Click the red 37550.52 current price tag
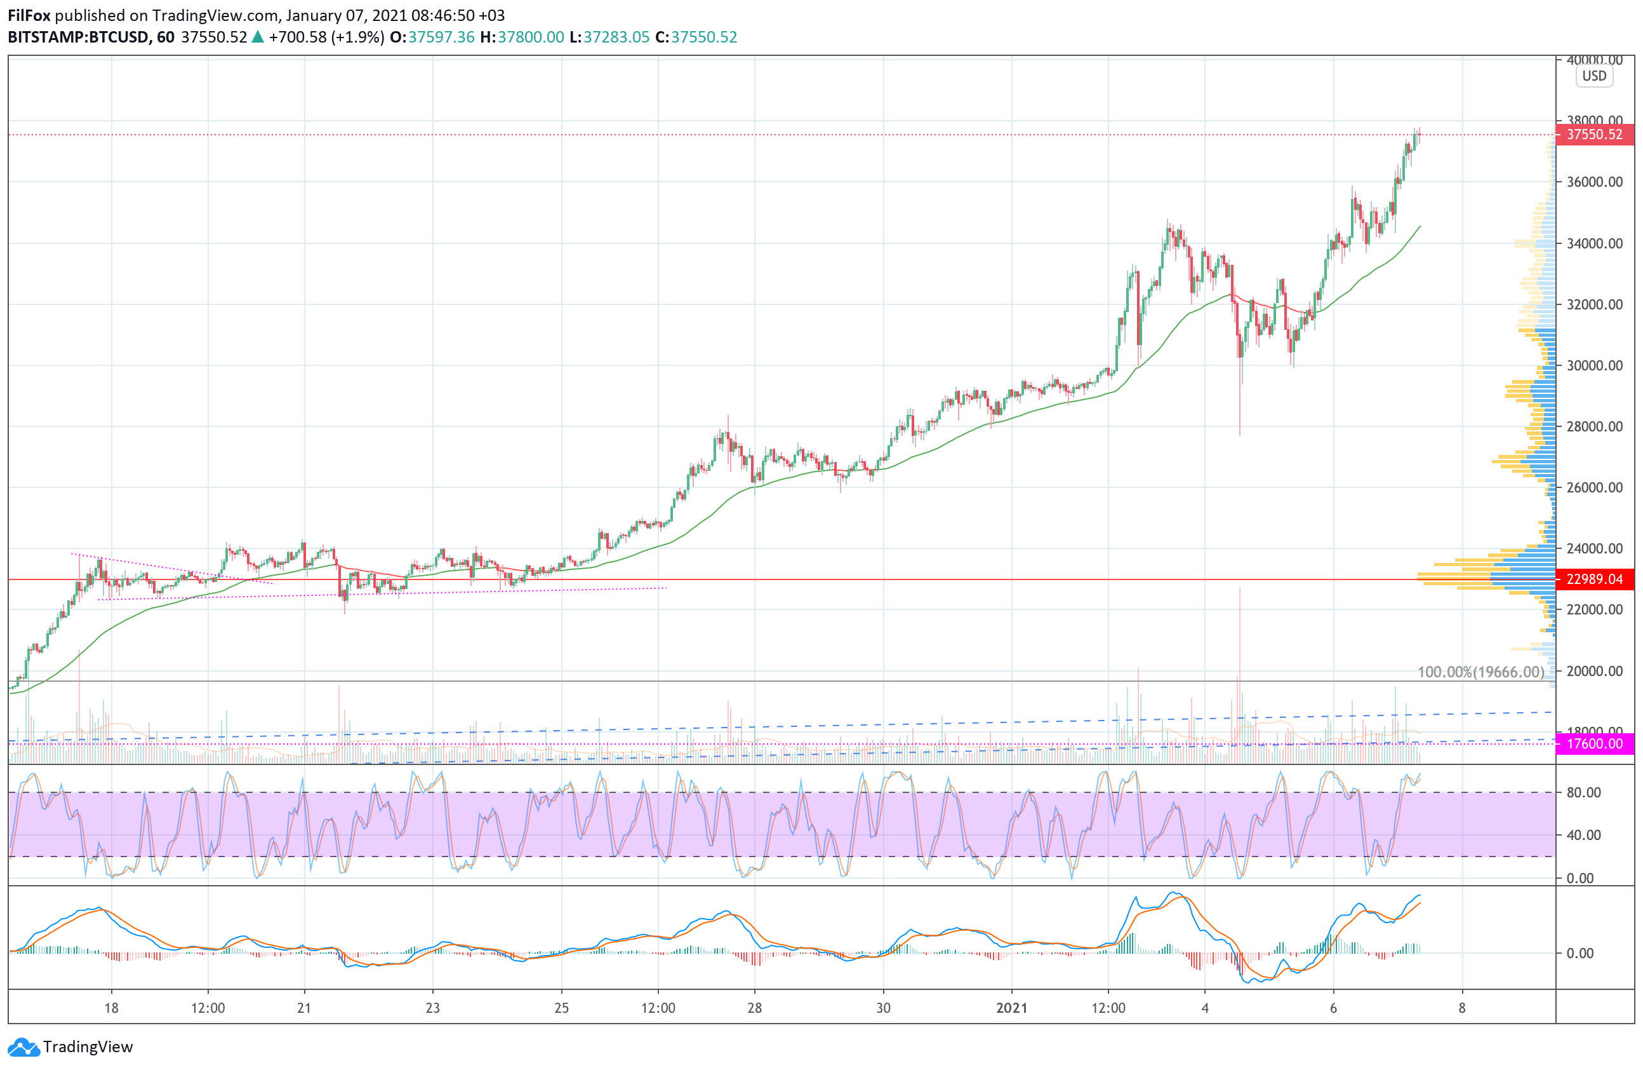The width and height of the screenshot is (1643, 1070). tap(1594, 135)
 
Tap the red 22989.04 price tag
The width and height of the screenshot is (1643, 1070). tap(1594, 579)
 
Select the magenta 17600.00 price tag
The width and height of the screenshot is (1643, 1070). tap(1594, 744)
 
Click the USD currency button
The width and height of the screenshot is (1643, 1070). tap(1594, 76)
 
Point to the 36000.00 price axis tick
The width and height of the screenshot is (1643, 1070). tap(1594, 182)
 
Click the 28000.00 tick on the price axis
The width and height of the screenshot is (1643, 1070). tap(1594, 427)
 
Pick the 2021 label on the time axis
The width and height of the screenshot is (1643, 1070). tap(1011, 1008)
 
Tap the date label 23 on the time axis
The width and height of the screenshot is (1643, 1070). tap(432, 1008)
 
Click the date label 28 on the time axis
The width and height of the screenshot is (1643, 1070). tap(755, 1008)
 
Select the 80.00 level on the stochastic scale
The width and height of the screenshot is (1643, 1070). tap(1583, 793)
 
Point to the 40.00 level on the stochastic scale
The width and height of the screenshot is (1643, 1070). tap(1583, 835)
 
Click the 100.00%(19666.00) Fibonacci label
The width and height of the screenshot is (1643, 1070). tap(1480, 672)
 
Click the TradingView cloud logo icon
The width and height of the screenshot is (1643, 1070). tap(24, 1047)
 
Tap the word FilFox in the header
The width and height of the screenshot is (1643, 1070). tap(29, 15)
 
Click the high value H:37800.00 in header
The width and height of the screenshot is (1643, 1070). tap(522, 37)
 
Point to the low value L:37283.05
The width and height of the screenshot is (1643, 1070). tap(609, 37)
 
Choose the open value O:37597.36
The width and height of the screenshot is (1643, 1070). tap(432, 37)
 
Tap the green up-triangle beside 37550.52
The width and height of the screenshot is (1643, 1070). tap(258, 37)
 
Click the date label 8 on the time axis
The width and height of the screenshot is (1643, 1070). tap(1461, 1008)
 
